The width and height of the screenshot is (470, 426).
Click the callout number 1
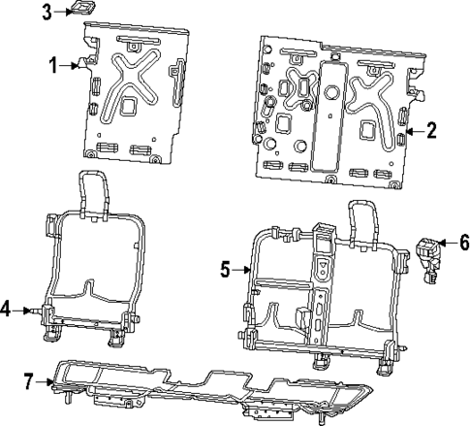point(54,65)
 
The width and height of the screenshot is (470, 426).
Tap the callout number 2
point(431,128)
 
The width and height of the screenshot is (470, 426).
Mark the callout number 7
point(29,379)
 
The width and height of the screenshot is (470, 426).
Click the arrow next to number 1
point(72,65)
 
